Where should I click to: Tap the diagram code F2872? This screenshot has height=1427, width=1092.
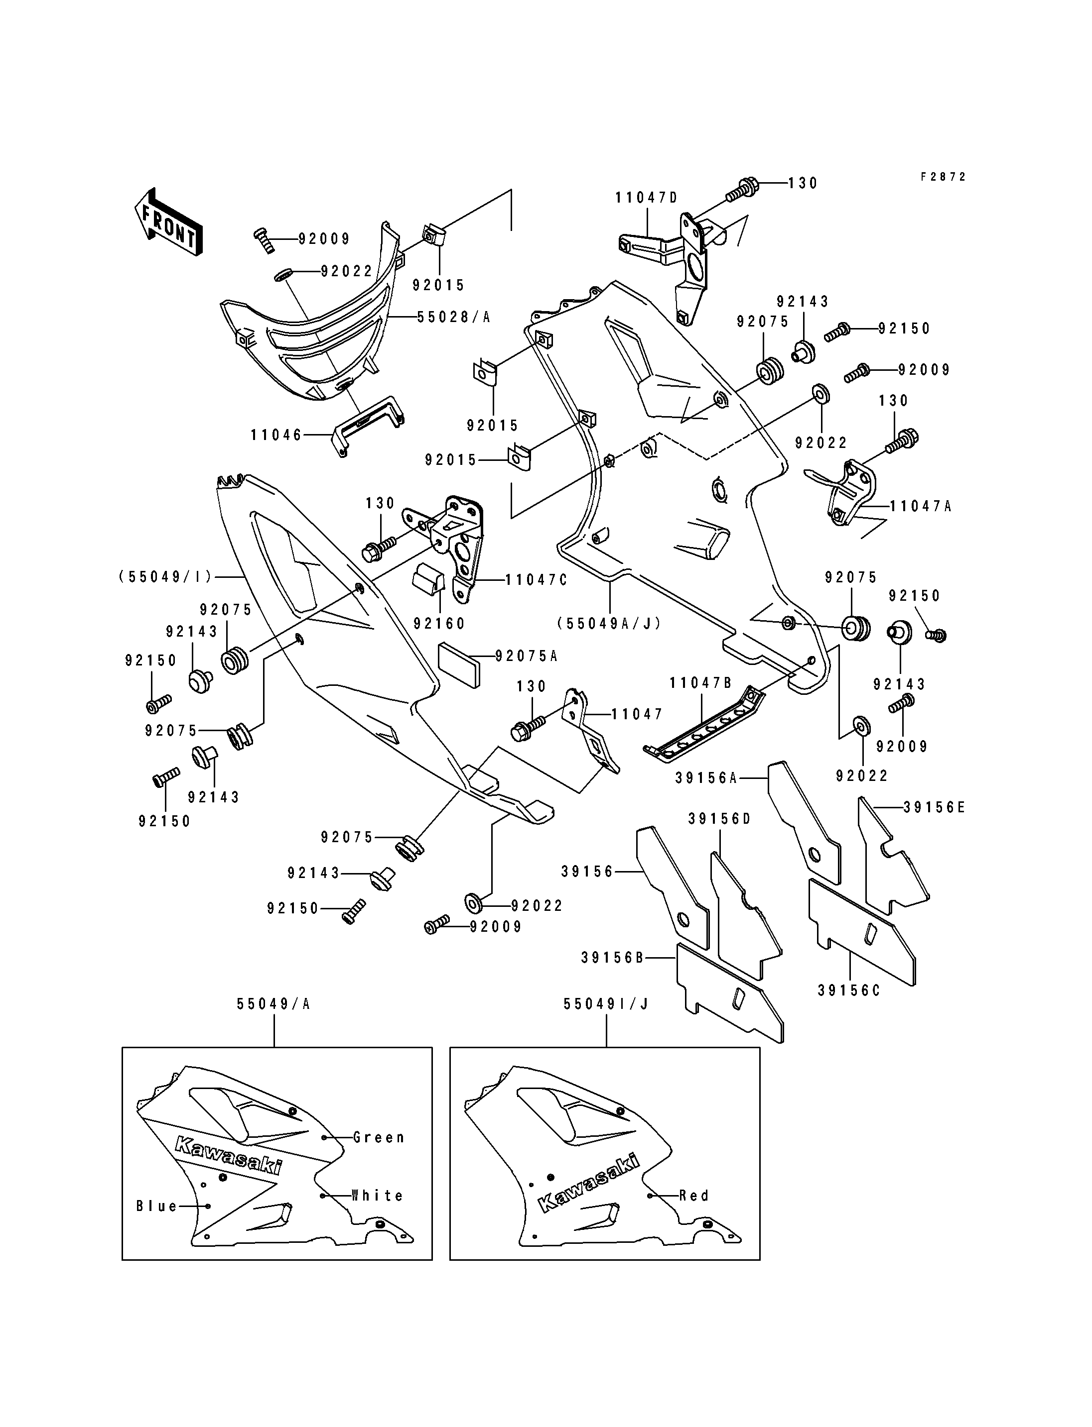tap(943, 177)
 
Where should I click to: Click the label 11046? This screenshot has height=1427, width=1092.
tap(277, 435)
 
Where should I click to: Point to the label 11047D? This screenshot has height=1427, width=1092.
tap(646, 198)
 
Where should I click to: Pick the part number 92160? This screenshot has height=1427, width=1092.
tap(439, 624)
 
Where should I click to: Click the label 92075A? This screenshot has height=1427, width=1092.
tap(527, 656)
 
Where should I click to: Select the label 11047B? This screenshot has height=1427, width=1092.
tap(701, 683)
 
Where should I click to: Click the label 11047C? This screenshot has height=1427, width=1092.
tap(536, 580)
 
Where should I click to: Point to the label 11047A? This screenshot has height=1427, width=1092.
tap(921, 506)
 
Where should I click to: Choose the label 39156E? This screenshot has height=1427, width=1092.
tap(934, 807)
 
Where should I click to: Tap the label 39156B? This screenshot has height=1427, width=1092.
tap(612, 958)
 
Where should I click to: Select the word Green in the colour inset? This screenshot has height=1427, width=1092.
tap(379, 1137)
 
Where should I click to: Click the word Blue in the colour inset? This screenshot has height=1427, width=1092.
tap(156, 1206)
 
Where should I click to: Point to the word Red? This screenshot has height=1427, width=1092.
tap(694, 1195)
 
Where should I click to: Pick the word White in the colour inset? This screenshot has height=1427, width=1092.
tap(378, 1195)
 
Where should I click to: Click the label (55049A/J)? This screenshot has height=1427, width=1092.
tap(609, 624)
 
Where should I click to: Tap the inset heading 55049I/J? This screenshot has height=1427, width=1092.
tap(606, 1004)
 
